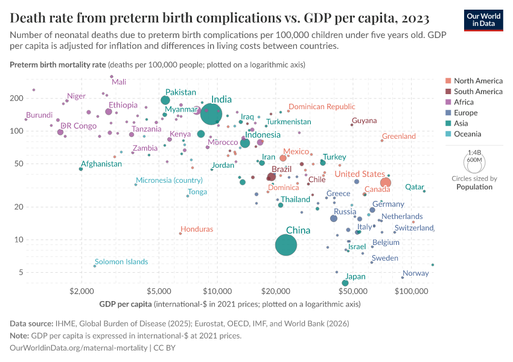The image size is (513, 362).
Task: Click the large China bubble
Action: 286,245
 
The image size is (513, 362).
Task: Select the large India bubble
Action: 211,113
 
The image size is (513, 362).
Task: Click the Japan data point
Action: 345,283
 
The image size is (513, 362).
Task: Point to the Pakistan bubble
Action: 165,100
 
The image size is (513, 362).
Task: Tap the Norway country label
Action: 415,273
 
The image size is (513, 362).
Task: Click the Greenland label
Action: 399,136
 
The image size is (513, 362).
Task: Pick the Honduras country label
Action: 197,229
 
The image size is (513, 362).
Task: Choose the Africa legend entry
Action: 464,102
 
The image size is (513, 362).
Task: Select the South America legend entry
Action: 477,92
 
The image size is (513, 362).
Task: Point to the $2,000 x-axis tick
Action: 81,293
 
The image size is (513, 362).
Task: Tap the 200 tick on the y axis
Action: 33,98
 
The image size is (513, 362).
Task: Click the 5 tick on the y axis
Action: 37,272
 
